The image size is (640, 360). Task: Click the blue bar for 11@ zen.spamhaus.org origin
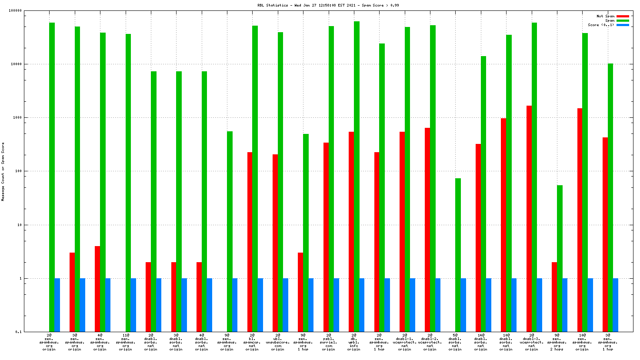pos(133,305)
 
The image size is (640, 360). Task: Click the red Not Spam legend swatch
pos(623,17)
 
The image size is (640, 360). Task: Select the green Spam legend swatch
pos(623,21)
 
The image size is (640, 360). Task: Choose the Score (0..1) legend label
pos(601,25)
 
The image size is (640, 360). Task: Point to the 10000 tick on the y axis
pos(17,64)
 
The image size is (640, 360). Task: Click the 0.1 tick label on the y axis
pos(19,332)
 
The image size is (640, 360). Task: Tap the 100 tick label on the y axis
pos(18,171)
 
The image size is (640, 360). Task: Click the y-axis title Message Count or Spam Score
pos(3,171)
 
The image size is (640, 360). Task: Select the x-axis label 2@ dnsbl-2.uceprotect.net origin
pos(430,342)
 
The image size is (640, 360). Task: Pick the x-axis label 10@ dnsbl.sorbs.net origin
pos(506,342)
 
